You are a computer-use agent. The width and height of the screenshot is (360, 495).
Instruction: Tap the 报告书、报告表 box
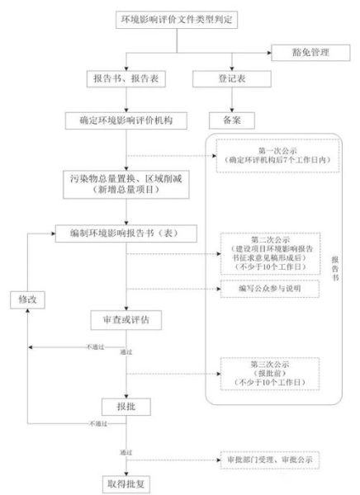click(x=125, y=81)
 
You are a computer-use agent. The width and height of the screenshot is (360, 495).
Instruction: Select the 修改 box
click(x=27, y=299)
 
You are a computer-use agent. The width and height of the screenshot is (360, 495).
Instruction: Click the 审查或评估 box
click(x=125, y=318)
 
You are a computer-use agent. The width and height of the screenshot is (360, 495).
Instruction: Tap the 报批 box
click(x=125, y=407)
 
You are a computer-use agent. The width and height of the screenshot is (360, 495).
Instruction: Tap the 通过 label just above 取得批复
click(x=126, y=453)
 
